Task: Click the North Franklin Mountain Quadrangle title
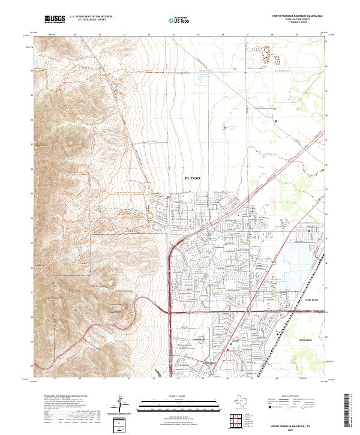pyautogui.click(x=298, y=16)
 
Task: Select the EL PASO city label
pyautogui.click(x=193, y=179)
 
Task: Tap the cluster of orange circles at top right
pyautogui.click(x=266, y=53)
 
